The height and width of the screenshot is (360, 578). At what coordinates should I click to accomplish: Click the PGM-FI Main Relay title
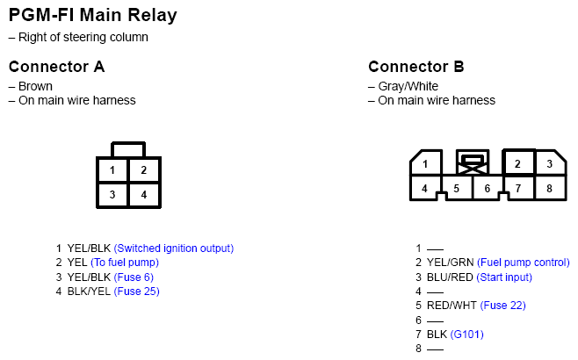[93, 15]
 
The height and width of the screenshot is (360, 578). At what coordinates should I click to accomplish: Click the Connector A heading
[57, 67]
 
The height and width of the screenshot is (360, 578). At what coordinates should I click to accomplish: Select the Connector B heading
[416, 67]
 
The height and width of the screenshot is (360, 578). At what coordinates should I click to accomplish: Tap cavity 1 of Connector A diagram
[112, 169]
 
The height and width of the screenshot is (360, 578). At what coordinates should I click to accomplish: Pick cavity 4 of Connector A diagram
[144, 195]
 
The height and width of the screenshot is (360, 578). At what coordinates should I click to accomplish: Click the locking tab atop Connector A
[128, 149]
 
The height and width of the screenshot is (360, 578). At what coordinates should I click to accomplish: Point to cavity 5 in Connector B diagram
[457, 189]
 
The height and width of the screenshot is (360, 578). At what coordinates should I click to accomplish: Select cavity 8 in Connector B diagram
[549, 188]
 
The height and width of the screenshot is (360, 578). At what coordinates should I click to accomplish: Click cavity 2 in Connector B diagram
[517, 163]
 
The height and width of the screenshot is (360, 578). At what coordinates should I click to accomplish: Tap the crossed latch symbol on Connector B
[473, 162]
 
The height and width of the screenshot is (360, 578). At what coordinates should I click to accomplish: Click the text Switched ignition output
[174, 248]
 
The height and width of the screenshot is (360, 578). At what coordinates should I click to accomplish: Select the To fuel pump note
[125, 263]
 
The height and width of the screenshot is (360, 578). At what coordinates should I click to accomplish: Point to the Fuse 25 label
[137, 292]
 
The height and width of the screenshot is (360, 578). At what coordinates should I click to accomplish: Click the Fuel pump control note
[524, 263]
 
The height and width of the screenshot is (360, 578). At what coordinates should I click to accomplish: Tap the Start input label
[504, 277]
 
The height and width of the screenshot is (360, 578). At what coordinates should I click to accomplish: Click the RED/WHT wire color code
[452, 306]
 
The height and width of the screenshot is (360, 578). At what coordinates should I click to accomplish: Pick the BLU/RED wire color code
[450, 277]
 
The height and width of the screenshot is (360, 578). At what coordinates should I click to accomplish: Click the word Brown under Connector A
[35, 86]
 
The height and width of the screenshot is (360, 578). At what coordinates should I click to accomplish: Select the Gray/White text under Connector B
[408, 86]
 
